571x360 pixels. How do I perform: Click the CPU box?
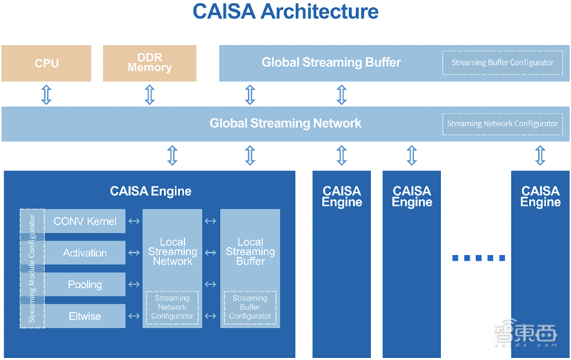coord(46,63)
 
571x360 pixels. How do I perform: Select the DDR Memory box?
coord(150,63)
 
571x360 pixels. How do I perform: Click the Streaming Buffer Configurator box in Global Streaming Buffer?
coord(502,63)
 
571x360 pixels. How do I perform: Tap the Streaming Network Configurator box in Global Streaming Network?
coord(502,124)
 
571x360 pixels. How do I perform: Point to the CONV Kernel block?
coord(85,221)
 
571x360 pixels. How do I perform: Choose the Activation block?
coord(85,253)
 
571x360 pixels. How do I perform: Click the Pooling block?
coord(85,284)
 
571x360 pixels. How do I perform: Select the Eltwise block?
coord(85,316)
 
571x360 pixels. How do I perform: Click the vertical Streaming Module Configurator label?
coord(32,269)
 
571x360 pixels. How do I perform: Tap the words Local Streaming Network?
coord(173,251)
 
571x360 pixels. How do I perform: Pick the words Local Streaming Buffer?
coord(251,251)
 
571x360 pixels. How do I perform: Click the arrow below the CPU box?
coord(46,95)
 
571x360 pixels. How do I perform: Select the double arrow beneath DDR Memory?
coord(150,95)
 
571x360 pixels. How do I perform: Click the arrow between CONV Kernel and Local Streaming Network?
coord(134,221)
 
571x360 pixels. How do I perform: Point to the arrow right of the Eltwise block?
coord(134,316)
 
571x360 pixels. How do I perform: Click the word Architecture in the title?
coord(320,11)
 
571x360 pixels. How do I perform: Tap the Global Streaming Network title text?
coord(285,123)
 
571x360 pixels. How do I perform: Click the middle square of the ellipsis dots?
coord(478,258)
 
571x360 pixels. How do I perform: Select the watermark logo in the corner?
coord(525,334)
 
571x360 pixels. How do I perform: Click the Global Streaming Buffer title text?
coord(331,62)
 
